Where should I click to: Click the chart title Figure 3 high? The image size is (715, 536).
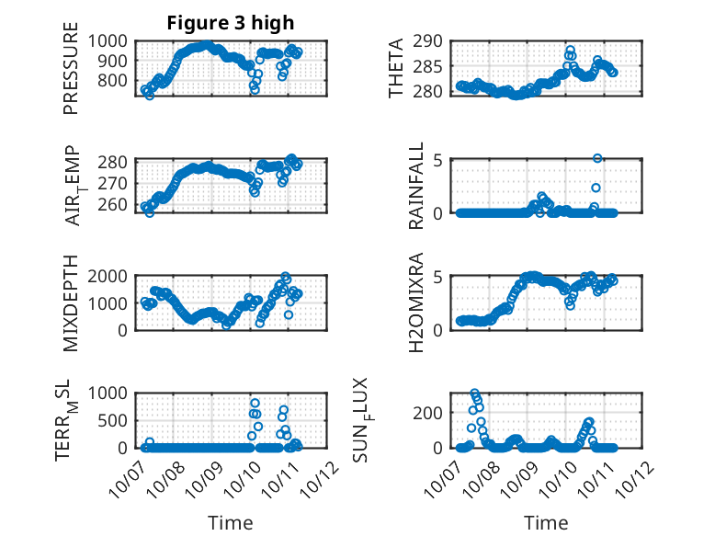click(231, 23)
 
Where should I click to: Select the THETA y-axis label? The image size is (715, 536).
click(396, 68)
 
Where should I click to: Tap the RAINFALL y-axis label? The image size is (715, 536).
click(415, 186)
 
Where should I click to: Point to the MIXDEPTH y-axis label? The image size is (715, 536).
click(71, 302)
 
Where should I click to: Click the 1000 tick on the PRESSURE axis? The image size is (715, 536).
click(112, 40)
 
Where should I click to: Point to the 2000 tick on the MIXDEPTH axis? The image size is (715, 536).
click(112, 276)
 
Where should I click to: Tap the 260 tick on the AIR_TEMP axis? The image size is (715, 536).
click(117, 204)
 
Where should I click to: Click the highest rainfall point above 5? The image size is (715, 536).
click(597, 158)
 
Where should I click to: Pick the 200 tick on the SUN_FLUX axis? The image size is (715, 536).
click(434, 413)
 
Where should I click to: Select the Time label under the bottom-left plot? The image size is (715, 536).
click(231, 522)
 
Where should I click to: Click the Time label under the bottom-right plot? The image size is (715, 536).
click(546, 522)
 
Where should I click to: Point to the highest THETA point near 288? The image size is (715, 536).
click(570, 51)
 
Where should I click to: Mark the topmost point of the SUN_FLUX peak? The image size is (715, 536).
click(475, 393)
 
